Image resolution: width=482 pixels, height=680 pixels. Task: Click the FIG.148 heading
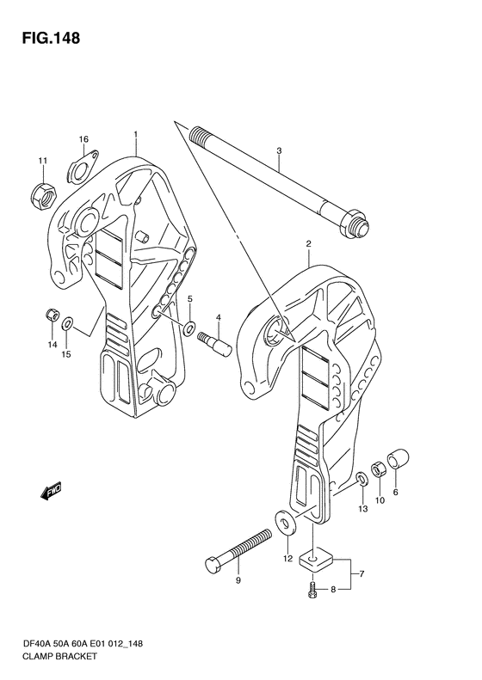coord(52,38)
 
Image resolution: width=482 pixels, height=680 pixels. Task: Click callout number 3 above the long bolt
coord(279,151)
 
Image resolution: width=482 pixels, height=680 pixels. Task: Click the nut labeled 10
coord(378,469)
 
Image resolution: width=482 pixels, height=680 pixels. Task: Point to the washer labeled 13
coord(361,479)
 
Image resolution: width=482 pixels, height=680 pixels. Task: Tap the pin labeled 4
coord(214,343)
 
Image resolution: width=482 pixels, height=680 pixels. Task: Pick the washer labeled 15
coord(67,323)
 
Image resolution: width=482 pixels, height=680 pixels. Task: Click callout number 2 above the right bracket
coord(308,244)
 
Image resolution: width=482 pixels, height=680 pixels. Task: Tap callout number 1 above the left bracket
coord(135,135)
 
